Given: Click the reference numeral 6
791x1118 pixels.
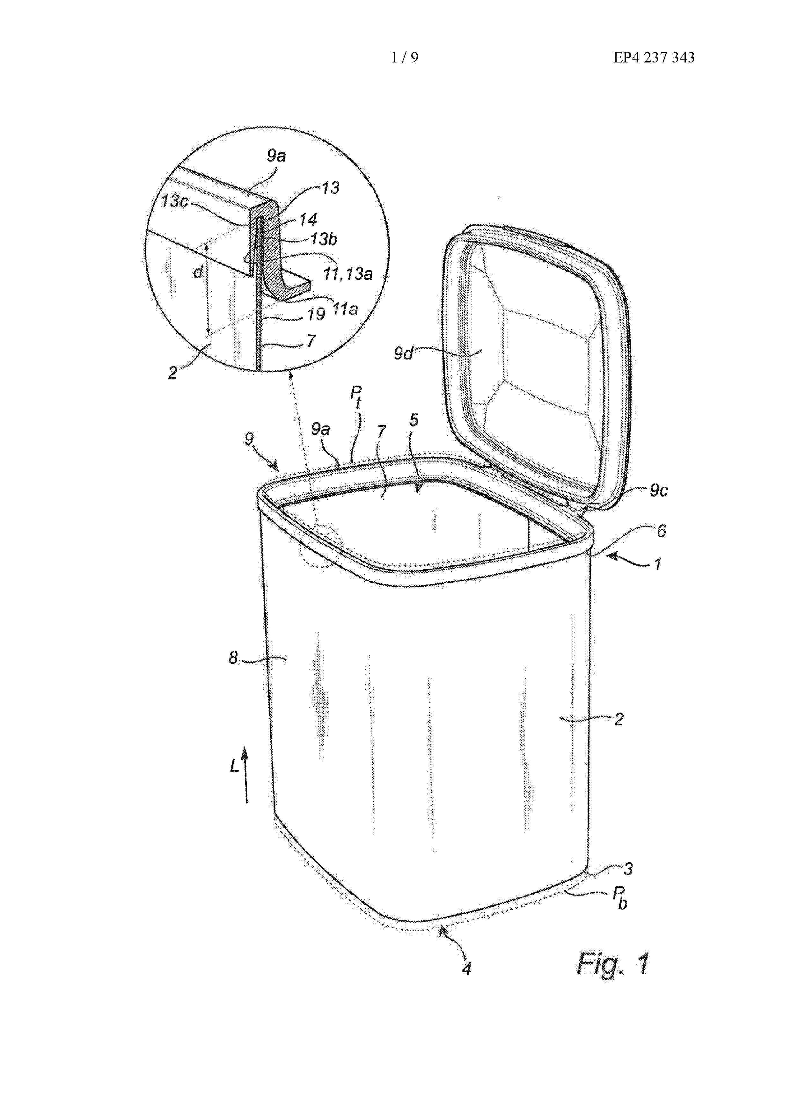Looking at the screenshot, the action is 661,530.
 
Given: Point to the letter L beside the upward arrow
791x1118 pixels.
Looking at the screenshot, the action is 234,767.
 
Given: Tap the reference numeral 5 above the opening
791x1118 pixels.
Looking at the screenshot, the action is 414,420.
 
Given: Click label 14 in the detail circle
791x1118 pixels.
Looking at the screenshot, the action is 308,220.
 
